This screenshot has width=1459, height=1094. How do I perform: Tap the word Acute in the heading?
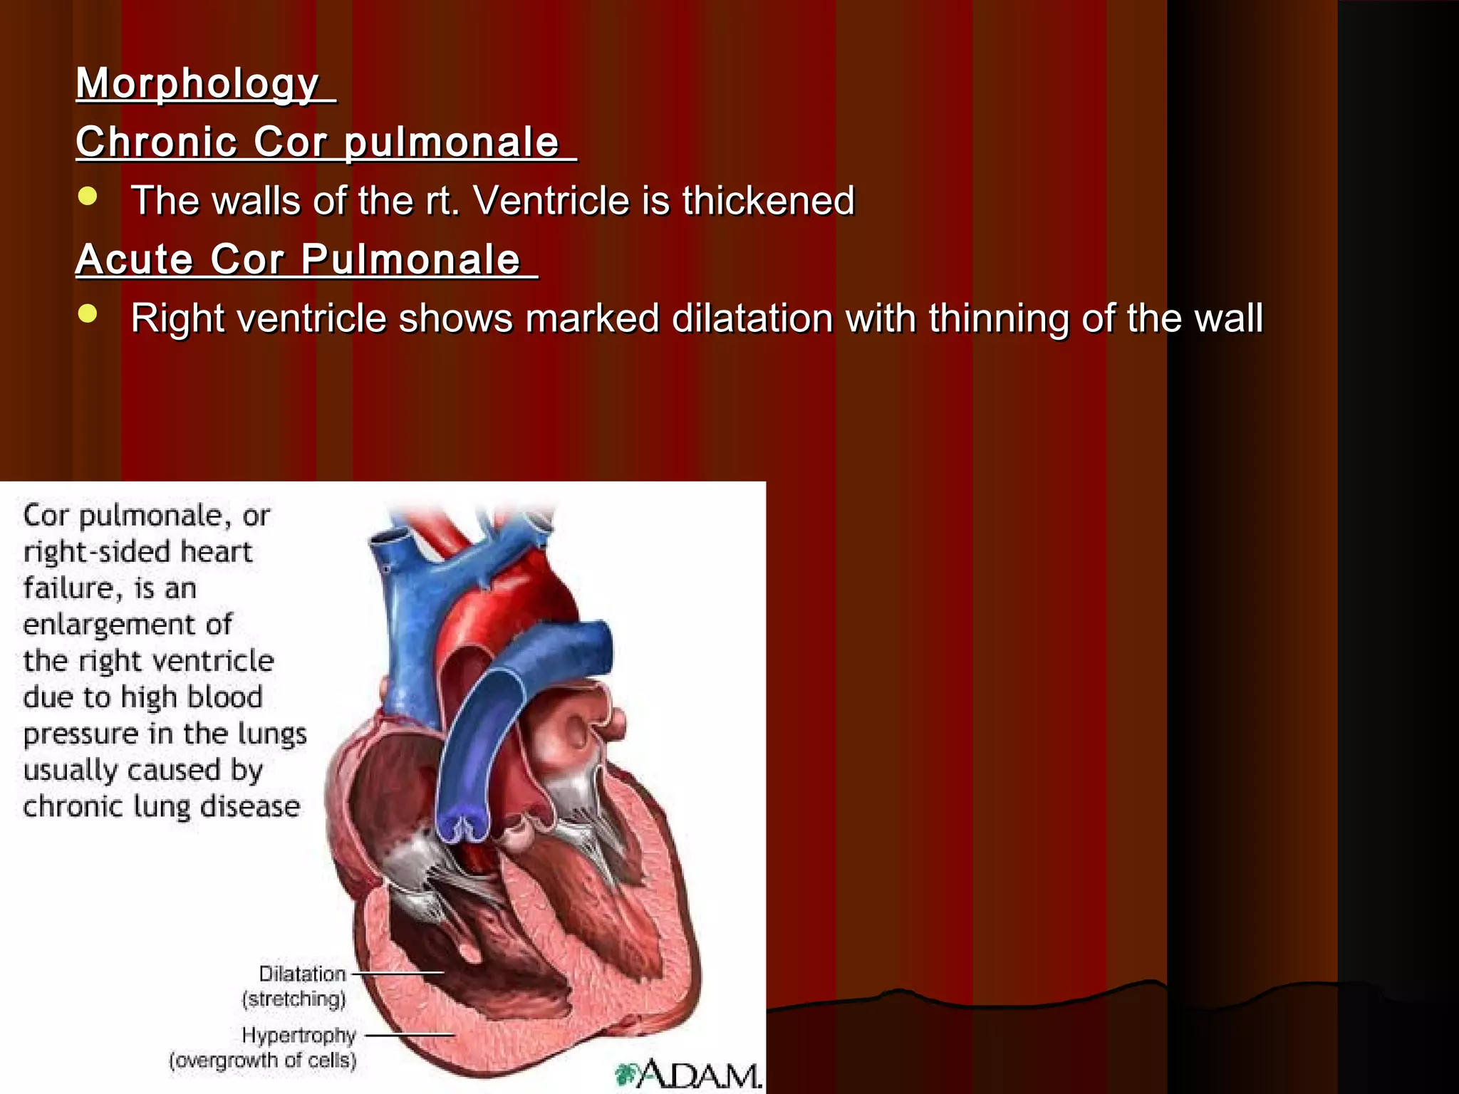tap(134, 259)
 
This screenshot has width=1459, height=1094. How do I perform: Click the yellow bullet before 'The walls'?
tap(88, 197)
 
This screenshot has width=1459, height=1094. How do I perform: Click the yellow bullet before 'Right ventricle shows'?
tap(88, 314)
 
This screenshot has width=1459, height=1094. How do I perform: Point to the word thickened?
tap(768, 200)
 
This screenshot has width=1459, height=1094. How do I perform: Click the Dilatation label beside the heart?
tap(302, 974)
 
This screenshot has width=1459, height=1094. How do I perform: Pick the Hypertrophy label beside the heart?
tap(298, 1035)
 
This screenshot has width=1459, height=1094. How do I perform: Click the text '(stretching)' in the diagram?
tap(294, 999)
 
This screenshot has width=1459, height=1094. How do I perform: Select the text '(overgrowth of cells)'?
tap(262, 1061)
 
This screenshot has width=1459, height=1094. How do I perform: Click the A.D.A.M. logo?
tap(688, 1074)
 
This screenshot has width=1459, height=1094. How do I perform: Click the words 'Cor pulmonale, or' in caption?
tap(146, 516)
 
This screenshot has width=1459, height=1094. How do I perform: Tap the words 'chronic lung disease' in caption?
tap(161, 807)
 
